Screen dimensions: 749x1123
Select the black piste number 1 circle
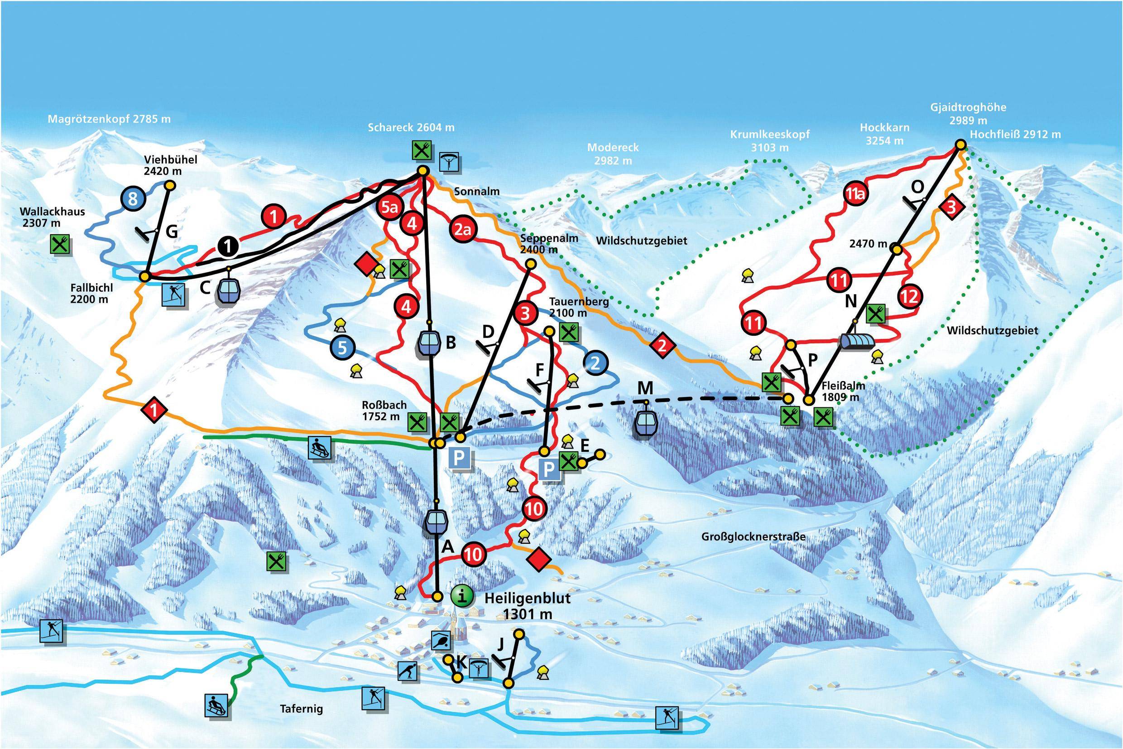coord(230,246)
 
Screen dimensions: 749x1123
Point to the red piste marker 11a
coord(856,194)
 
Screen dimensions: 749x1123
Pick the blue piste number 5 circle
coord(342,347)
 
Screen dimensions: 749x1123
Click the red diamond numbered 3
coord(951,208)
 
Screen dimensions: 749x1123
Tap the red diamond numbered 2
coord(662,345)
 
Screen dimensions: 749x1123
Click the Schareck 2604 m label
coord(411,127)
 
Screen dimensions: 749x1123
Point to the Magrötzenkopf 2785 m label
coord(109,119)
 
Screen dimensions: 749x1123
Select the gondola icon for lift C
coord(228,290)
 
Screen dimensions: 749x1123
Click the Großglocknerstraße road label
coord(753,536)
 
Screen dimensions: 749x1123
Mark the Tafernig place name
coord(301,708)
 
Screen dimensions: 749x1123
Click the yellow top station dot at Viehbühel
coord(170,185)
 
